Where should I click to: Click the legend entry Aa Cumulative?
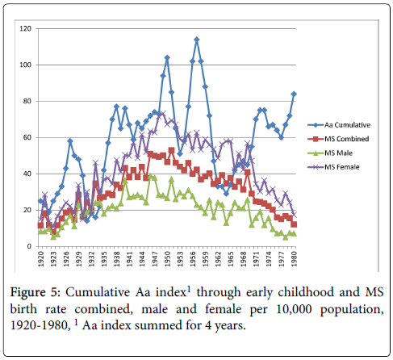pyautogui.click(x=339, y=125)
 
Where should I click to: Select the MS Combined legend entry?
pyautogui.click(x=338, y=139)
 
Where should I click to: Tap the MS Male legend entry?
pyautogui.click(x=330, y=153)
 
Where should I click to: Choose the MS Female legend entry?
pyautogui.click(x=333, y=167)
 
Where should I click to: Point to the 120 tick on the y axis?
pyautogui.click(x=25, y=28)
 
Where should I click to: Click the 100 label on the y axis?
pyautogui.click(x=25, y=65)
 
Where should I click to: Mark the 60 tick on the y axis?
pyautogui.click(x=27, y=137)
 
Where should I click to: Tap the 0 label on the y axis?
pyautogui.click(x=29, y=246)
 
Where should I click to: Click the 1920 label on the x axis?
pyautogui.click(x=41, y=259)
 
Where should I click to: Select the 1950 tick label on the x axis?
pyautogui.click(x=167, y=259)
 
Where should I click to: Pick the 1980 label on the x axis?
pyautogui.click(x=294, y=259)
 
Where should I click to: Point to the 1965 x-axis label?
pyautogui.click(x=231, y=259)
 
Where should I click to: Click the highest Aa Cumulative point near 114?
pyautogui.click(x=197, y=40)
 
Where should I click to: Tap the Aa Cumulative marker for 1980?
pyautogui.click(x=294, y=94)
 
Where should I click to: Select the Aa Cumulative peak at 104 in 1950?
pyautogui.click(x=167, y=57)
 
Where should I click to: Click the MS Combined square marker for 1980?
pyautogui.click(x=294, y=224)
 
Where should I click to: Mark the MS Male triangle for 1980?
pyautogui.click(x=294, y=233)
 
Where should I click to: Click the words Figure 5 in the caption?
pyautogui.click(x=36, y=292)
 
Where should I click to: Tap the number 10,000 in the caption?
pyautogui.click(x=294, y=309)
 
